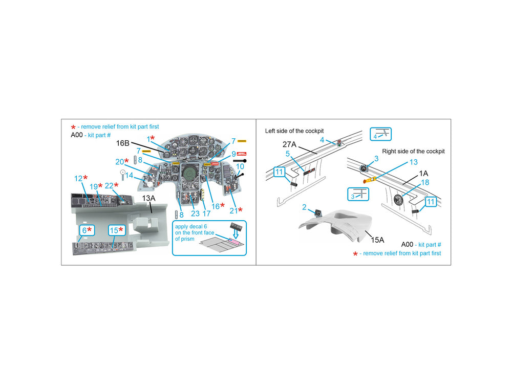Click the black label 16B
[x=123, y=143]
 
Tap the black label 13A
[x=148, y=198]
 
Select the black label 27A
[x=289, y=145]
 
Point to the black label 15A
[x=377, y=240]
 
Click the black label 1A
[x=423, y=174]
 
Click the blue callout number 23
[x=195, y=214]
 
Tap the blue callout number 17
[x=206, y=214]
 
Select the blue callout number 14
[x=130, y=175]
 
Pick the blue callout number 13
[x=414, y=162]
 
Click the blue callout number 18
[x=425, y=182]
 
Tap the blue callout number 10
[x=240, y=166]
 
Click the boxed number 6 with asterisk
[x=87, y=230]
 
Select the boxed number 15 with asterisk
[x=117, y=230]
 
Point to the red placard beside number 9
[x=242, y=154]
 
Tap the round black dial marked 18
[x=398, y=200]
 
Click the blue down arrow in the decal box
[x=235, y=234]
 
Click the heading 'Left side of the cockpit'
[x=294, y=131]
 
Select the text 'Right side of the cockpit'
[x=413, y=151]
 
